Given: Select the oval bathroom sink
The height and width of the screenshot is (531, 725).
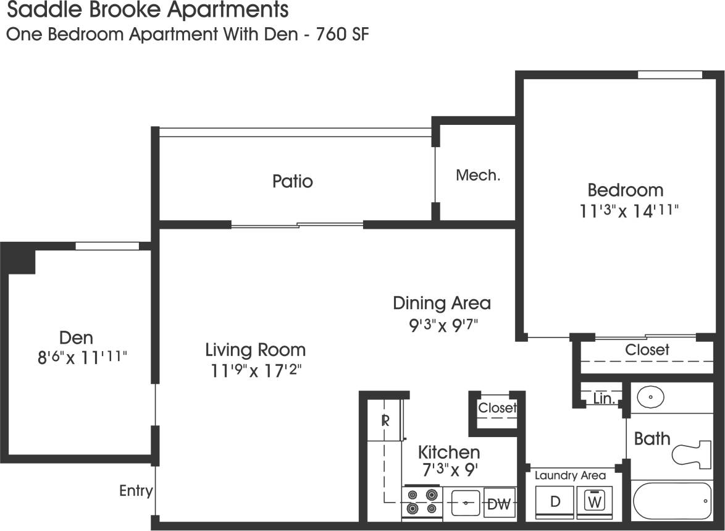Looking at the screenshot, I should (651, 397).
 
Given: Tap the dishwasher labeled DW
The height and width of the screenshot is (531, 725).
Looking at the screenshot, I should (498, 503).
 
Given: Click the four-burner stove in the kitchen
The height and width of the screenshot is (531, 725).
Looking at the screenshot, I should (422, 501).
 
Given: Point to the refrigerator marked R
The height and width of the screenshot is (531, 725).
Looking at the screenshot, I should (385, 422).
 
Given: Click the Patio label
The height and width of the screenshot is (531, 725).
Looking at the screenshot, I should (293, 181).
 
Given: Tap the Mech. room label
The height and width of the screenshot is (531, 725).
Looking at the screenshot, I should (477, 176).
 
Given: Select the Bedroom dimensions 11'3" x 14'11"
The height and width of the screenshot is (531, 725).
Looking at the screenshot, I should (629, 211).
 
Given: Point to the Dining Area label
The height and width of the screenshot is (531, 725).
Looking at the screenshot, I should (442, 303).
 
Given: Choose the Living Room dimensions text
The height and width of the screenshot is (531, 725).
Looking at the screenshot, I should (255, 371).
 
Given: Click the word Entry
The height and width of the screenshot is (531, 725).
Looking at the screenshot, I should (136, 491).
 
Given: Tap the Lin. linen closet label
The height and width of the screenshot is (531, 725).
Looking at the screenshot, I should (603, 399).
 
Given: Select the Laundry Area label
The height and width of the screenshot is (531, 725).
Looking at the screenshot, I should (570, 475).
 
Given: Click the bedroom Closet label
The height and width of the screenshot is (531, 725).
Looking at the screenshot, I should (647, 350).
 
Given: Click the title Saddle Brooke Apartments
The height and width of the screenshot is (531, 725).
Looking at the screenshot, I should (147, 10).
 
